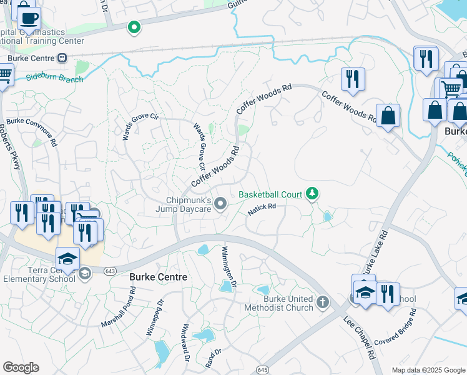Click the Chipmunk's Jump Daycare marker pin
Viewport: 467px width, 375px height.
click(x=220, y=204)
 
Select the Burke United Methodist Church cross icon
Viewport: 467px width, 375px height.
click(x=323, y=302)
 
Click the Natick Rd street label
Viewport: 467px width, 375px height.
click(x=262, y=209)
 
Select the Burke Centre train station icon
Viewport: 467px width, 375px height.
click(x=62, y=58)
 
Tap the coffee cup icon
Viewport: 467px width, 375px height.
click(x=29, y=17)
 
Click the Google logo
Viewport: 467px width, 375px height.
click(x=21, y=367)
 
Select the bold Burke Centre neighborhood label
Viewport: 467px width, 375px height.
click(x=158, y=276)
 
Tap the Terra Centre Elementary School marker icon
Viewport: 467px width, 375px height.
click(x=84, y=272)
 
